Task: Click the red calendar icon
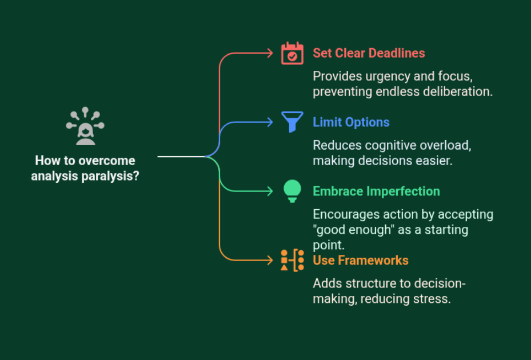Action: pos(292,54)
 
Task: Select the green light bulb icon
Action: pos(292,191)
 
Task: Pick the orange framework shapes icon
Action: pos(292,260)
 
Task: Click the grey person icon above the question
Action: pos(85,126)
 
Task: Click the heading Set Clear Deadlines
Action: pos(369,53)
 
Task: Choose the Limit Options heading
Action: pos(351,122)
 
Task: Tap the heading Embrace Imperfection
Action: pos(376,191)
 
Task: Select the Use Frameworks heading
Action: pos(360,261)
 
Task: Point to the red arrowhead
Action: pos(270,54)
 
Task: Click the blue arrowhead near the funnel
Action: pos(270,122)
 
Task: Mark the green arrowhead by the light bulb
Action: pos(270,191)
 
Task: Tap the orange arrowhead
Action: pos(270,261)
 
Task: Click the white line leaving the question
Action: pos(180,156)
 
